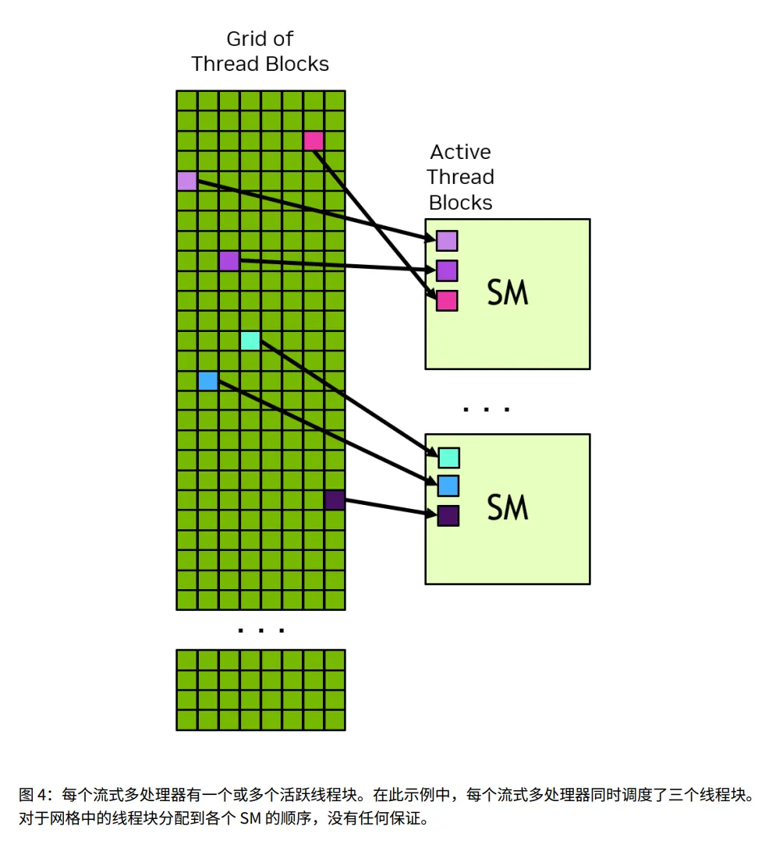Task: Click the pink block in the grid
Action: [313, 140]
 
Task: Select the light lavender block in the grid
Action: [186, 181]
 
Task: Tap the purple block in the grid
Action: [229, 260]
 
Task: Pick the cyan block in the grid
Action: [250, 341]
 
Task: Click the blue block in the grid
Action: [207, 381]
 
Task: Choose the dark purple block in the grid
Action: [335, 500]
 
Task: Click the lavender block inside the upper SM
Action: [447, 241]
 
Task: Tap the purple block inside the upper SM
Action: [447, 270]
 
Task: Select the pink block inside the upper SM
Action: [447, 301]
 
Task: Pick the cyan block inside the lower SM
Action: [448, 457]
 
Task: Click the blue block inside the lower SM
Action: [448, 486]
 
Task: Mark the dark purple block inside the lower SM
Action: [448, 515]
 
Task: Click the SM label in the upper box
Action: [508, 293]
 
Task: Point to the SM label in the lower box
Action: [508, 507]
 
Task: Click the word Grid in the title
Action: [243, 39]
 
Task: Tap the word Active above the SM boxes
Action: [460, 151]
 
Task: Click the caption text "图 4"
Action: [34, 796]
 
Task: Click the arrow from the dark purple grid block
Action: [390, 507]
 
